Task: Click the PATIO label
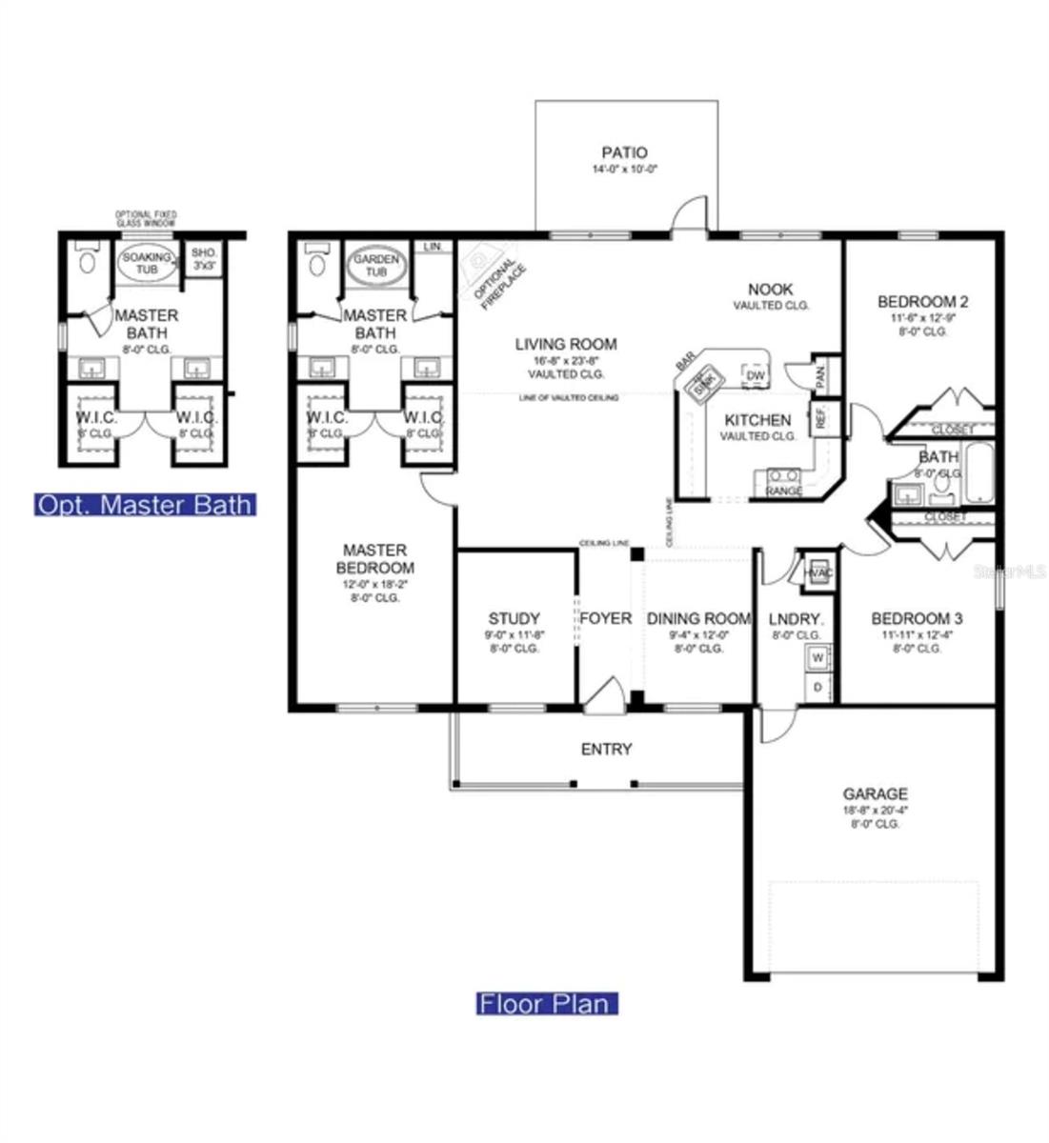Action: click(x=624, y=152)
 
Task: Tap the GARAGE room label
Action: click(x=875, y=793)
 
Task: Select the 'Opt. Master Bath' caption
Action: click(x=145, y=504)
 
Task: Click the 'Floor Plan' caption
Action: click(x=547, y=1003)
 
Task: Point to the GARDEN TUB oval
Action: click(x=369, y=266)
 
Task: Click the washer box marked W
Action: click(x=817, y=657)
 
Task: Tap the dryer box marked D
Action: click(x=817, y=687)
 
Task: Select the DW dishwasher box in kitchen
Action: click(x=755, y=376)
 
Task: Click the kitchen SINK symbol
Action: click(x=703, y=381)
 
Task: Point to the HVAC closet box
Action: click(x=817, y=571)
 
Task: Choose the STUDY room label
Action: click(x=514, y=618)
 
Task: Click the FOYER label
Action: click(x=605, y=618)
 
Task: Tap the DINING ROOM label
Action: click(x=698, y=619)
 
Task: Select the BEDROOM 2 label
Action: click(x=922, y=302)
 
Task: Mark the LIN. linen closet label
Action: click(x=434, y=247)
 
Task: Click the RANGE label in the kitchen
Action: click(x=784, y=491)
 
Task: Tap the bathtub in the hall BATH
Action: click(x=978, y=472)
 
